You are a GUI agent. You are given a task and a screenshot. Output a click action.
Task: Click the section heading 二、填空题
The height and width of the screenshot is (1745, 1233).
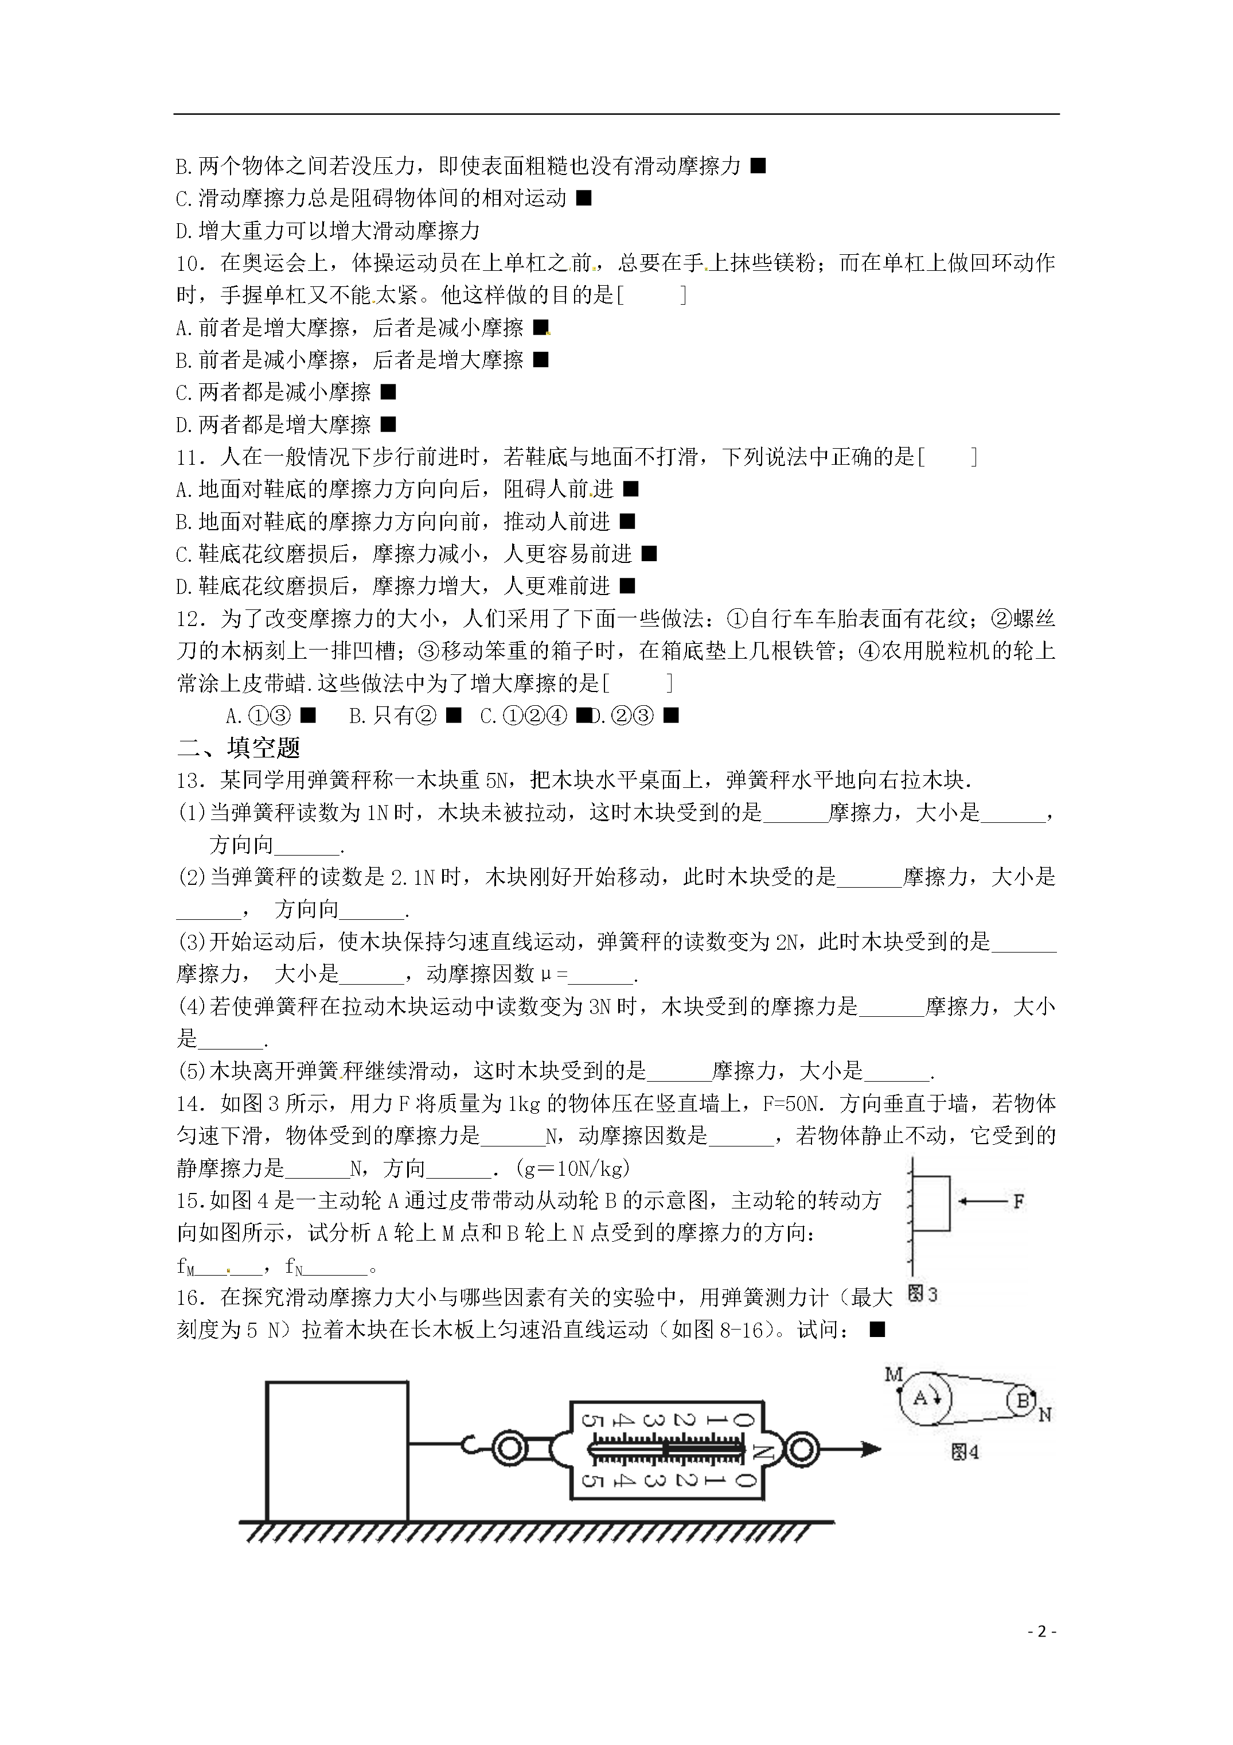pyautogui.click(x=239, y=748)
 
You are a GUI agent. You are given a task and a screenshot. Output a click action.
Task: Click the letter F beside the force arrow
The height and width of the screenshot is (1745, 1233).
pyautogui.click(x=1018, y=1201)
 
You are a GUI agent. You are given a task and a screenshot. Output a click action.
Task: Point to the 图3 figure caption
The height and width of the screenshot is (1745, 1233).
pyautogui.click(x=923, y=1295)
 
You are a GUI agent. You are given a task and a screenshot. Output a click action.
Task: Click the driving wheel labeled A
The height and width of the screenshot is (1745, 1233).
pyautogui.click(x=925, y=1398)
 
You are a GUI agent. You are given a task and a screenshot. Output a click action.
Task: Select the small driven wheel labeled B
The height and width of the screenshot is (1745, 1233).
pyautogui.click(x=1023, y=1400)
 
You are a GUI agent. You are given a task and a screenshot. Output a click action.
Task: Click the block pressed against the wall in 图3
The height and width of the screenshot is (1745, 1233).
pyautogui.click(x=931, y=1203)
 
